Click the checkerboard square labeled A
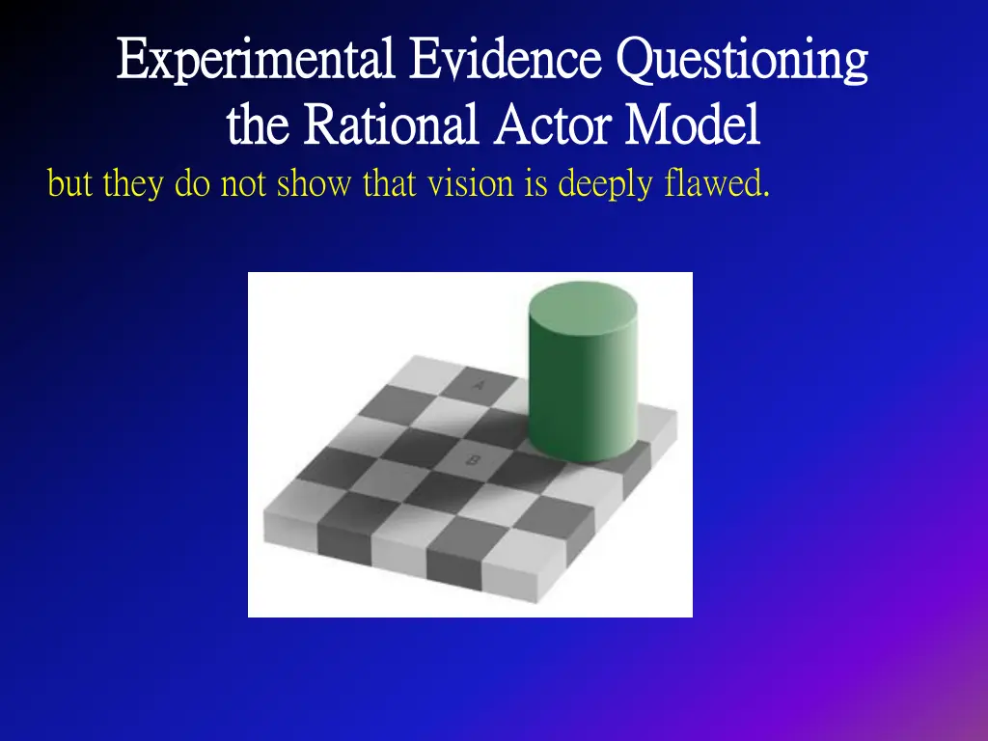(x=480, y=385)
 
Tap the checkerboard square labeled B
(x=472, y=460)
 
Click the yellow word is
(x=535, y=182)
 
